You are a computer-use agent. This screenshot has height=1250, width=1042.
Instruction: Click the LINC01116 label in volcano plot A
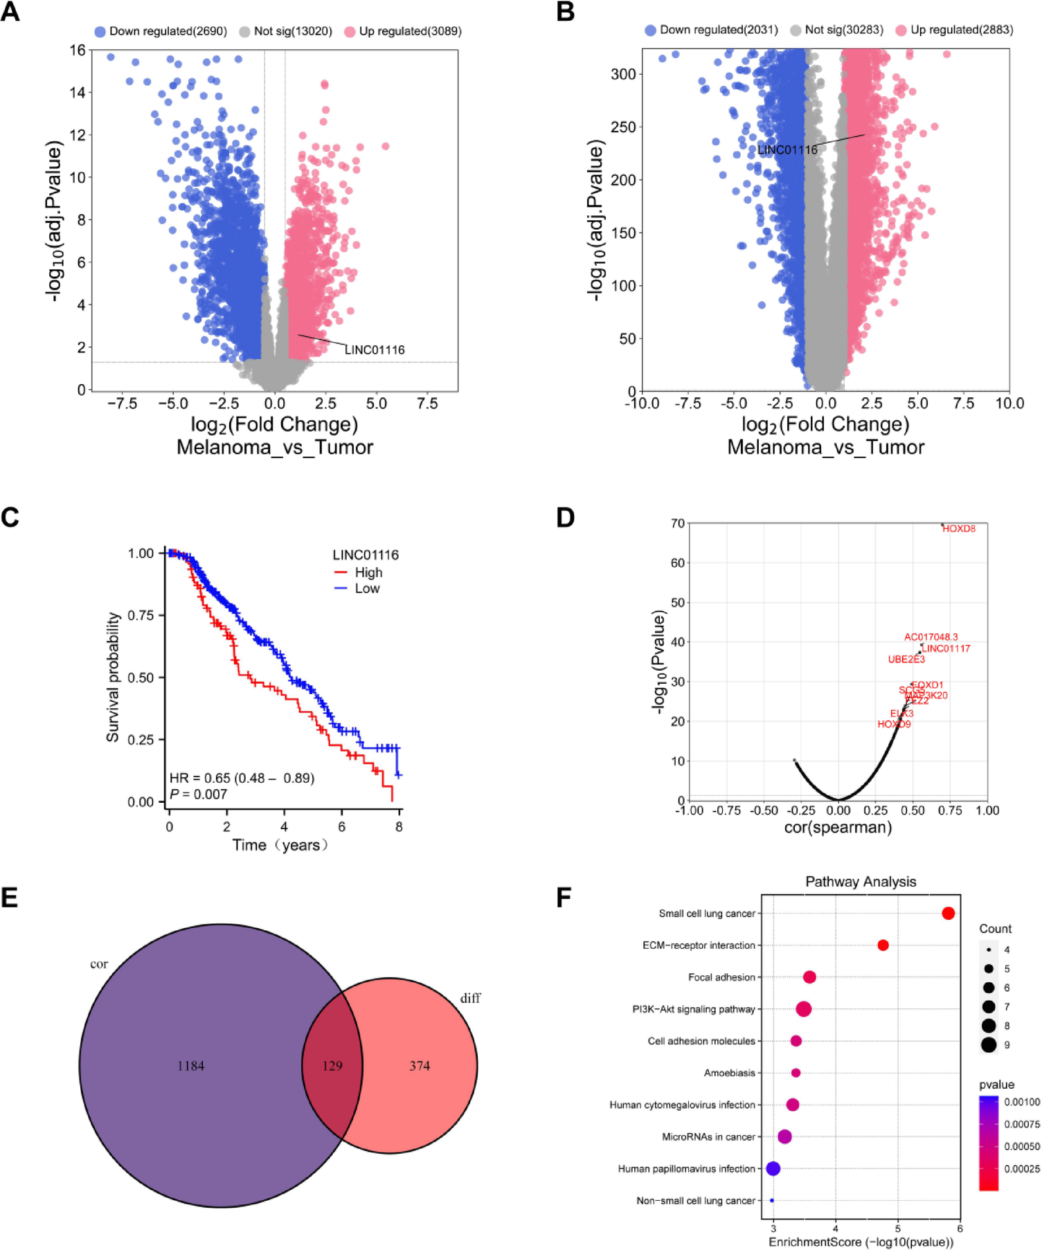tap(375, 350)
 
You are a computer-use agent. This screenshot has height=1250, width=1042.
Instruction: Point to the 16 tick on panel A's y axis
tap(78, 50)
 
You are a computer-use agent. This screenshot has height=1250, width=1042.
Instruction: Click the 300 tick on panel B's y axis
tap(623, 74)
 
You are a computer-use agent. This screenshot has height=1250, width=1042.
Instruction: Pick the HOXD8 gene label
tap(959, 529)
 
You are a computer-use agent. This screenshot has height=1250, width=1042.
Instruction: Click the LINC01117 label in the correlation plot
tap(946, 649)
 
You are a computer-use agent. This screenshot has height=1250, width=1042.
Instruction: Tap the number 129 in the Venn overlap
tap(332, 1066)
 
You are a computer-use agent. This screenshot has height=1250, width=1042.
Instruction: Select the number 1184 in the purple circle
tap(191, 1066)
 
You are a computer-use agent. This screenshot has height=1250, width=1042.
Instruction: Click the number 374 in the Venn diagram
tap(420, 1066)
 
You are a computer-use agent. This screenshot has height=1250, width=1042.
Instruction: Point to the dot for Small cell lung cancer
tap(948, 914)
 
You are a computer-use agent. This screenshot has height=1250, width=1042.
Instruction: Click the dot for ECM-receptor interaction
tap(883, 945)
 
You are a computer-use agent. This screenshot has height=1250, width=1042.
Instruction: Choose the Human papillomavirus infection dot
tap(773, 1168)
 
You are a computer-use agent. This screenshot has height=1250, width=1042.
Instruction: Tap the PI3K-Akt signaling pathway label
tap(693, 1009)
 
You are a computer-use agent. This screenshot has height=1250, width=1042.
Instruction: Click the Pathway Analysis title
tap(861, 882)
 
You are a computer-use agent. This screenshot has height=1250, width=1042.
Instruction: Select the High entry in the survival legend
tap(368, 572)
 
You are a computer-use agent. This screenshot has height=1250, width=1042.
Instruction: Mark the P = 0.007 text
tap(199, 794)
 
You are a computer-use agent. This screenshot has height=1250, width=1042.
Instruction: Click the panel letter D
tap(565, 518)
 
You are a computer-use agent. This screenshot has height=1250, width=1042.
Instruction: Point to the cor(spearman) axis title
tap(838, 827)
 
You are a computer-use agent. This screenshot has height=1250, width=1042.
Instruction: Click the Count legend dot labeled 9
tap(989, 1045)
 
